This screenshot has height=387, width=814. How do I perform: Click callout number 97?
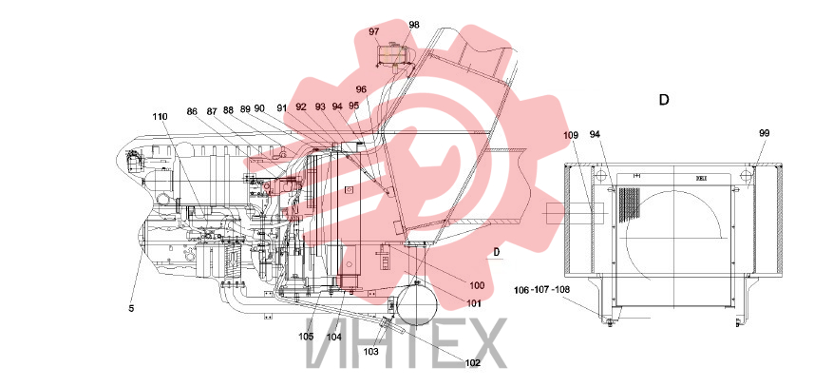pyautogui.click(x=374, y=31)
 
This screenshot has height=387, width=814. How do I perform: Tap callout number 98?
pyautogui.click(x=414, y=25)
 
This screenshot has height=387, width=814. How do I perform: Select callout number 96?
pyautogui.click(x=361, y=89)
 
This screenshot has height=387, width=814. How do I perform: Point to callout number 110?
pyautogui.click(x=160, y=116)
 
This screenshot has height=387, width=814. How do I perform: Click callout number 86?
pyautogui.click(x=192, y=111)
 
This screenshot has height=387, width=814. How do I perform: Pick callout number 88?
pyautogui.click(x=228, y=110)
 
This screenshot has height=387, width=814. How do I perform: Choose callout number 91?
pyautogui.click(x=281, y=108)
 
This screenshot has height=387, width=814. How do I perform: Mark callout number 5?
pyautogui.click(x=131, y=308)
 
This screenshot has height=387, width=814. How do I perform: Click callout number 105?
pyautogui.click(x=306, y=336)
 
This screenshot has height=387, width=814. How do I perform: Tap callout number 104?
pyautogui.click(x=333, y=337)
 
